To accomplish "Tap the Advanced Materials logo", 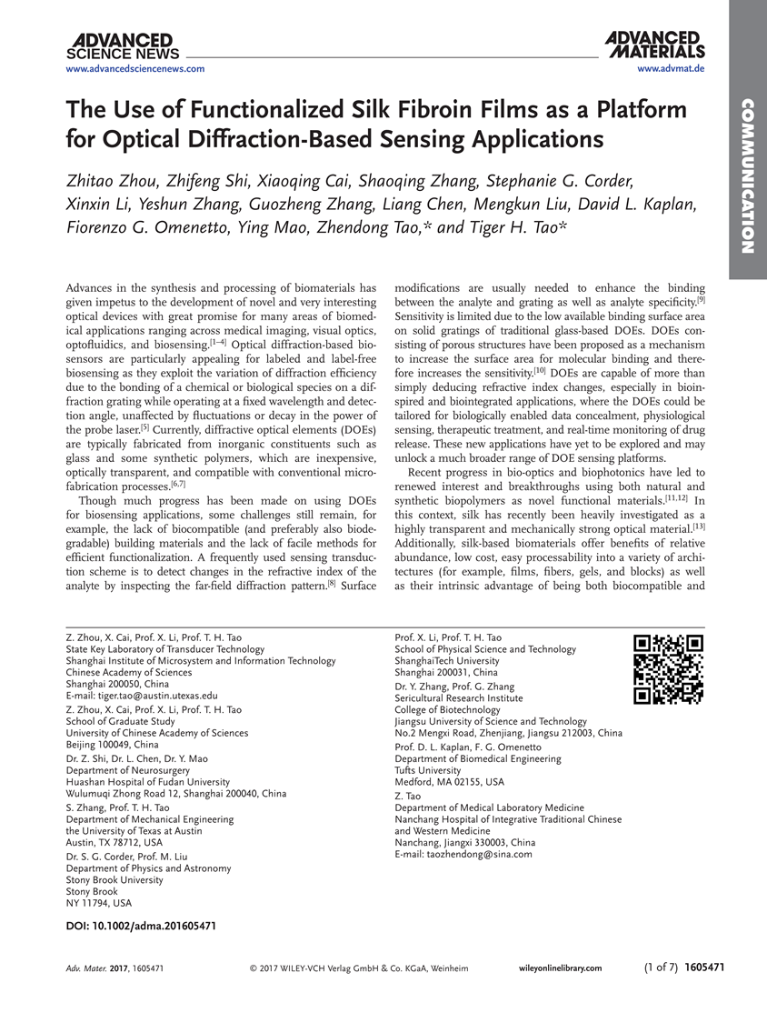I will point(655,45).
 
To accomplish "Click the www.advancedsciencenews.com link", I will point(135,69).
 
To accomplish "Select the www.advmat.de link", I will point(672,69).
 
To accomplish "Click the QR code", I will point(669,670).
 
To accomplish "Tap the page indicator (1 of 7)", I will point(662,968).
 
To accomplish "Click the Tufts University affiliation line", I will point(432,770).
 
